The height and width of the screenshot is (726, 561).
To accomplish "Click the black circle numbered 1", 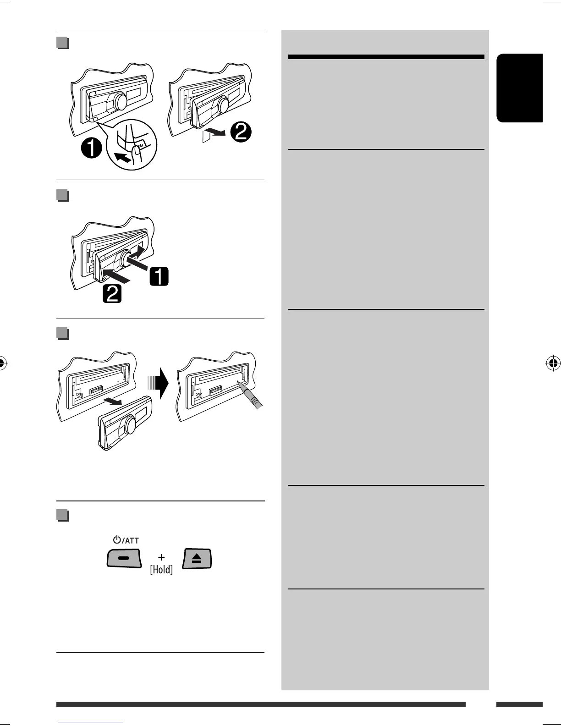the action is [x=91, y=149].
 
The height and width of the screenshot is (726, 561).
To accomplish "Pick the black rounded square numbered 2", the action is [x=112, y=293].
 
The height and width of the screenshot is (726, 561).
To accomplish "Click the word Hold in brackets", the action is [x=161, y=570].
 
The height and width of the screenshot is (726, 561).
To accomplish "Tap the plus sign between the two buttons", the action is [x=161, y=557].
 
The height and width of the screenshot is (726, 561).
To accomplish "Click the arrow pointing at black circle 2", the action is [x=217, y=133].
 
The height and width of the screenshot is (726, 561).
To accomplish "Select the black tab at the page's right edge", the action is [x=519, y=88].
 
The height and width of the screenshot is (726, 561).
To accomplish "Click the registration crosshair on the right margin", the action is [x=553, y=363].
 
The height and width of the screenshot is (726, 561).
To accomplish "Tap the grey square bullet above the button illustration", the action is [x=63, y=515].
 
